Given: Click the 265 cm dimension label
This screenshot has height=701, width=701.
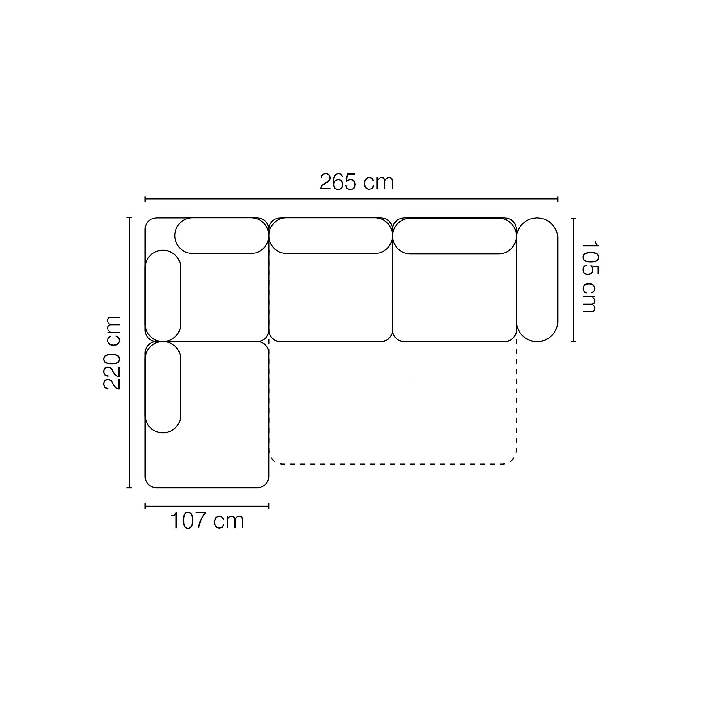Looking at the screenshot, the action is pos(356,182).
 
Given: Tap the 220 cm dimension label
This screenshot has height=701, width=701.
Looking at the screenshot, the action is pos(112,353).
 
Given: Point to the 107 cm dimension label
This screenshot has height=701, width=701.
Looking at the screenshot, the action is pos(207,521).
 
